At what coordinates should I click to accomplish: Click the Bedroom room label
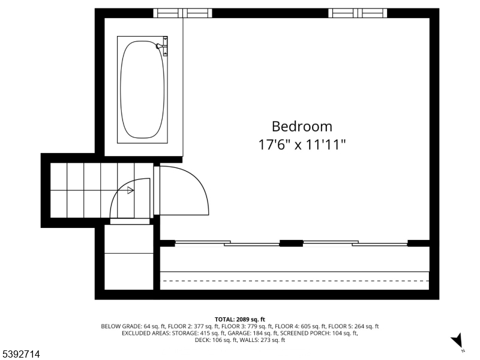tap(302, 127)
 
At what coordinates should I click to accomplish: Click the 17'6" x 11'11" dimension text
tap(302, 145)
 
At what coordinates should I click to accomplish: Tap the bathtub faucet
tap(161, 46)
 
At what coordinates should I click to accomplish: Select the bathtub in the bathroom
tap(142, 90)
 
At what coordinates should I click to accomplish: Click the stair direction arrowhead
tap(131, 190)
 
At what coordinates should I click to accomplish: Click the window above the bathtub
tap(183, 13)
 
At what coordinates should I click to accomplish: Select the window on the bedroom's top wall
tap(358, 13)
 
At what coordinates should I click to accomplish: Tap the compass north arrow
tap(458, 341)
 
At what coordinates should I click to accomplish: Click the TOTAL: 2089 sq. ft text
tap(240, 319)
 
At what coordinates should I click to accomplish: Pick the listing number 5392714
tap(21, 355)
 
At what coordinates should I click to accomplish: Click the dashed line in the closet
tap(295, 280)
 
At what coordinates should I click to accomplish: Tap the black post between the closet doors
tap(291, 243)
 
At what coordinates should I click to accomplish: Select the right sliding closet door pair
tap(354, 243)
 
